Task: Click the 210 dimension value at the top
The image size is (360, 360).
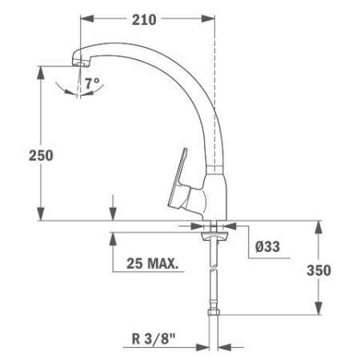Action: point(145,18)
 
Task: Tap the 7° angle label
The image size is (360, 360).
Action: point(93,83)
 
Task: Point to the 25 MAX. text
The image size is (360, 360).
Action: point(153,262)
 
